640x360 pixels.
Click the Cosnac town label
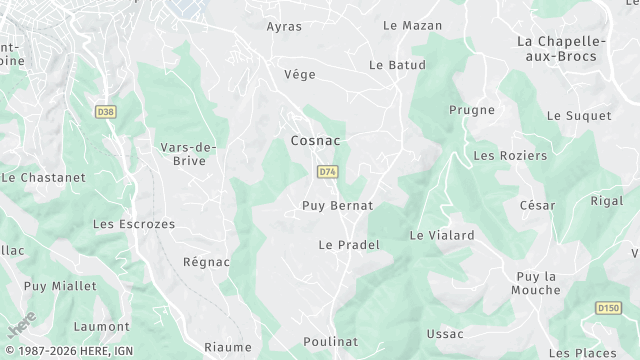[315, 141]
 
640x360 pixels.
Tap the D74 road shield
[327, 172]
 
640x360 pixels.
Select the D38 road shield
[106, 112]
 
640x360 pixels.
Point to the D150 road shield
[609, 308]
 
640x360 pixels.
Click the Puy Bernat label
[337, 206]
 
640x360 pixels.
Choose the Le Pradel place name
[349, 245]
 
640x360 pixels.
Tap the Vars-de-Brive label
[189, 154]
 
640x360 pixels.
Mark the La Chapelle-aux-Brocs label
[570, 48]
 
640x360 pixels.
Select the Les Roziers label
[510, 156]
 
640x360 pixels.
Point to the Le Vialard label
[442, 236]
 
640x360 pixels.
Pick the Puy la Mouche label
[536, 283]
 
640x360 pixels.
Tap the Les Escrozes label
[133, 225]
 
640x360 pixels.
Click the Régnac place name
[206, 263]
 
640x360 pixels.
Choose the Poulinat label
[330, 342]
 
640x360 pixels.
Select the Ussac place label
[444, 334]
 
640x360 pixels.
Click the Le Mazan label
[412, 25]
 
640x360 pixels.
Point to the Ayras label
[284, 26]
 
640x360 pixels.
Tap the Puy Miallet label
[60, 286]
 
